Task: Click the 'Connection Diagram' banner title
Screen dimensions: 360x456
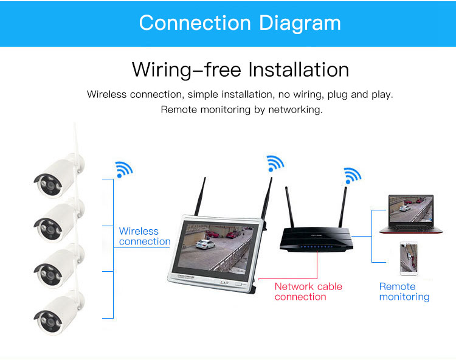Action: tap(240, 22)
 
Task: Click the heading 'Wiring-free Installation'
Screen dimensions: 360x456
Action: tap(240, 69)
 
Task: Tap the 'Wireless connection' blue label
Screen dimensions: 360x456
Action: tap(144, 236)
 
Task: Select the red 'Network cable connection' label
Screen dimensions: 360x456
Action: tap(308, 291)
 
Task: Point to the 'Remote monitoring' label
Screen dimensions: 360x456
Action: tap(404, 291)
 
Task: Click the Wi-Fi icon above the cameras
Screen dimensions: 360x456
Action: tap(123, 168)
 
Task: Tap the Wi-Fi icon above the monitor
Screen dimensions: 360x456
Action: tap(275, 162)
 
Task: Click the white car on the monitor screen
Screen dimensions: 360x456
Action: tap(205, 244)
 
